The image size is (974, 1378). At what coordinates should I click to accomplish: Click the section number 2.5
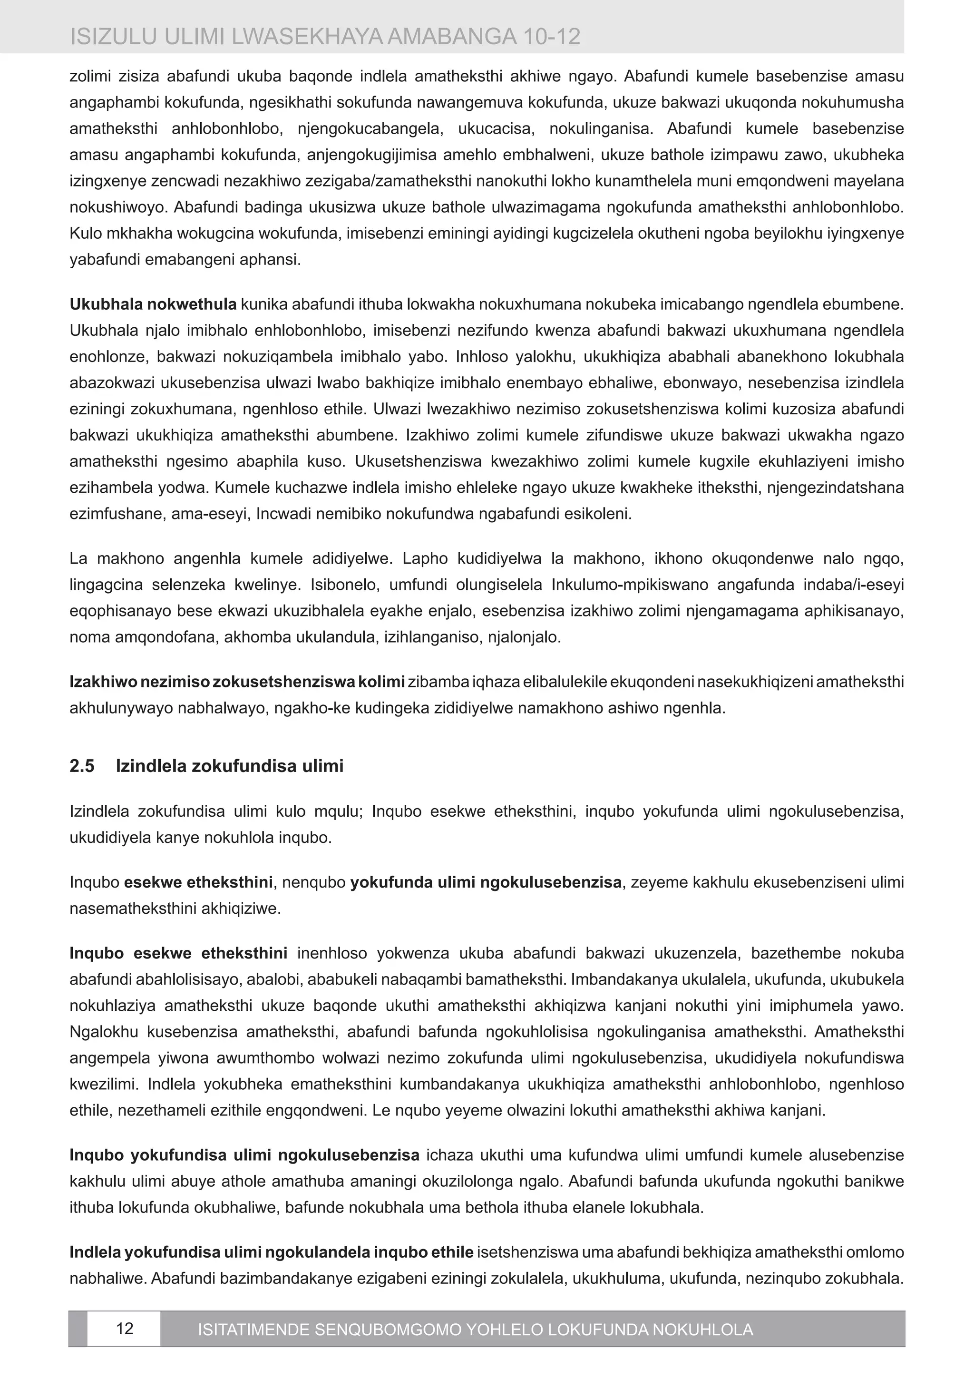pyautogui.click(x=82, y=766)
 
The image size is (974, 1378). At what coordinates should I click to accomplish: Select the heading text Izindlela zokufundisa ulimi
pyautogui.click(x=229, y=766)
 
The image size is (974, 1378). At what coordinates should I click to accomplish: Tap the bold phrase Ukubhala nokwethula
pyautogui.click(x=153, y=304)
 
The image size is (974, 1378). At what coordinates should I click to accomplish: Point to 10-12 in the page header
pyautogui.click(x=550, y=37)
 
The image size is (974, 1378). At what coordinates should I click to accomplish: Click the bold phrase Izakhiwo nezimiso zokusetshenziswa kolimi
pyautogui.click(x=237, y=683)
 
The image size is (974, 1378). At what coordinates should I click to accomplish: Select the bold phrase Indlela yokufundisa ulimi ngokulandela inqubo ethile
pyautogui.click(x=271, y=1252)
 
